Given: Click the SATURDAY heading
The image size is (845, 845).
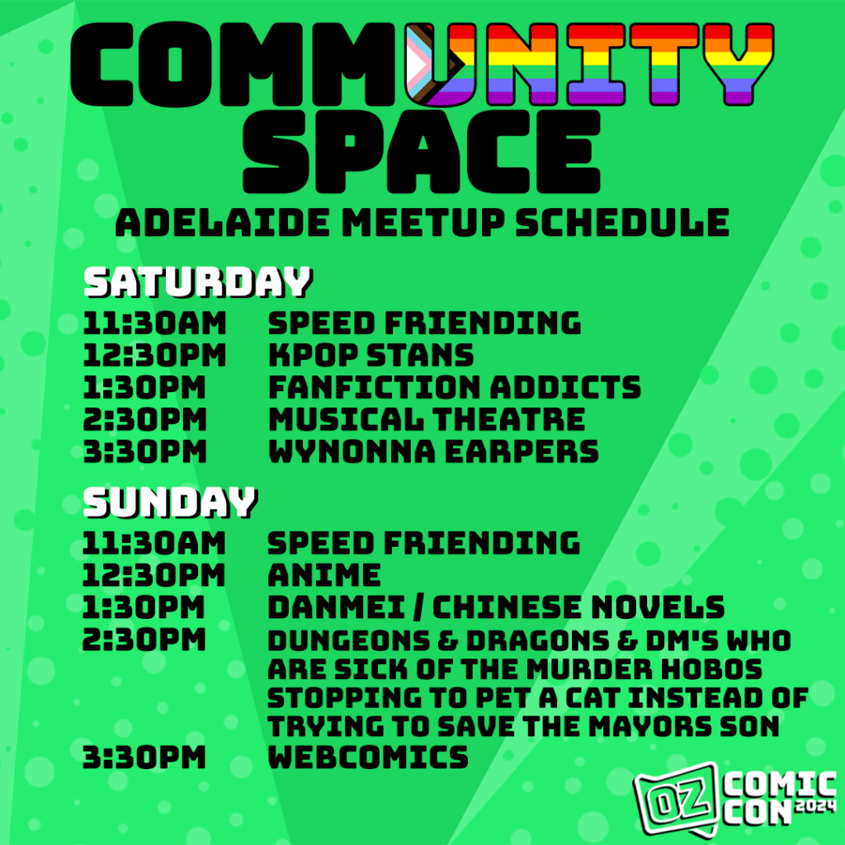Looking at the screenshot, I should (x=197, y=282).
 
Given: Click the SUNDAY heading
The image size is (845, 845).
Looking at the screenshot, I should (x=170, y=503).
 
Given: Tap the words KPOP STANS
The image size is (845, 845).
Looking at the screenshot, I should (x=371, y=356).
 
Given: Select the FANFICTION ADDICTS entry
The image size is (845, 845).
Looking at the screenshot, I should (x=454, y=387).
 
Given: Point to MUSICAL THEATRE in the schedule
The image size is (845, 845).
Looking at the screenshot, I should (x=426, y=419).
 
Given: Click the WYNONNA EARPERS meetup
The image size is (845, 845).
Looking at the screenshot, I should (x=433, y=451).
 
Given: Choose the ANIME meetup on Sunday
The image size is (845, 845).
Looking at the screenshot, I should (x=324, y=574).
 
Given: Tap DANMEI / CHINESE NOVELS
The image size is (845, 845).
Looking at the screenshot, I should (x=496, y=607).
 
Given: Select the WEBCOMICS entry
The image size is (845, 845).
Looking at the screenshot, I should (x=368, y=757).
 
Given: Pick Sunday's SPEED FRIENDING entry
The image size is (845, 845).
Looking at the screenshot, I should (x=424, y=542).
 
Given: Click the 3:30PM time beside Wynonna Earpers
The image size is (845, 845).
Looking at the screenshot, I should (x=144, y=451).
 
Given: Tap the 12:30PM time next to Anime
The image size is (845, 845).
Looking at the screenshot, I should (x=153, y=574).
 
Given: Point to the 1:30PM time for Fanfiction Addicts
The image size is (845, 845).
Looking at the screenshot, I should (x=144, y=387).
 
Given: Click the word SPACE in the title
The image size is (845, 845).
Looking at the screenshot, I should (x=421, y=152).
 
